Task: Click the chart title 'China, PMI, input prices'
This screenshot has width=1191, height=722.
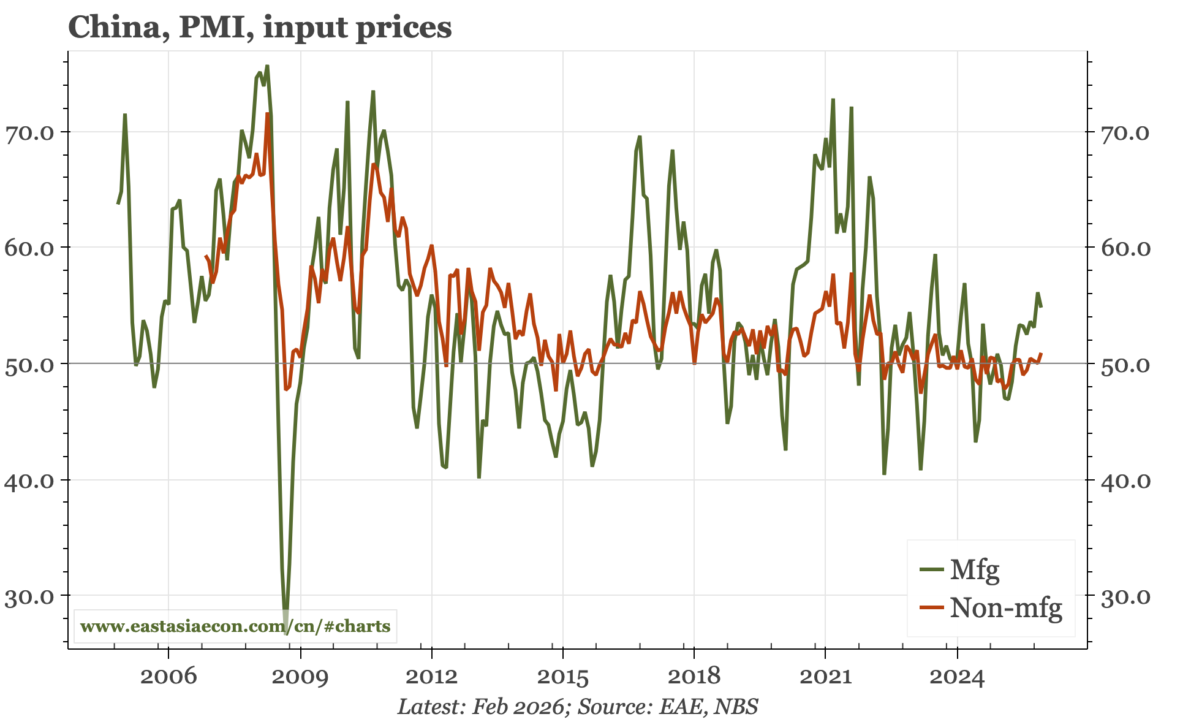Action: point(260,28)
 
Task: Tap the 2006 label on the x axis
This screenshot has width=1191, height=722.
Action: point(168,677)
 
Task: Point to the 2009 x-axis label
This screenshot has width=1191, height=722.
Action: point(300,677)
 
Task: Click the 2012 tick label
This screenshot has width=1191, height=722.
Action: point(431,677)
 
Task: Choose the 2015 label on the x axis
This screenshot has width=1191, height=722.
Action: point(562,677)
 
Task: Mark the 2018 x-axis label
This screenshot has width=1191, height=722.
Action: point(694,677)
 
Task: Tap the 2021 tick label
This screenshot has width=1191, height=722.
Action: point(825,677)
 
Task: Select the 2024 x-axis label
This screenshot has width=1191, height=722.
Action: point(956,677)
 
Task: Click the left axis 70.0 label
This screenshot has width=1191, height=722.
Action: point(30,132)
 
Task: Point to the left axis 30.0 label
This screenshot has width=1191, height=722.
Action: point(30,596)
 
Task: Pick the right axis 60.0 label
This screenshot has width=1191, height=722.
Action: point(1125,248)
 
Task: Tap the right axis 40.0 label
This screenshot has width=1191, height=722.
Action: point(1125,481)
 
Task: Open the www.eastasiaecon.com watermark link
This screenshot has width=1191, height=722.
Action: point(235,626)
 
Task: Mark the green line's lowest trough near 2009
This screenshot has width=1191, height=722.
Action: point(286,631)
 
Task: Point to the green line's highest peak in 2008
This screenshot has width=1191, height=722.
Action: point(267,66)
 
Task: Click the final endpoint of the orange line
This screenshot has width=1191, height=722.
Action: point(1042,353)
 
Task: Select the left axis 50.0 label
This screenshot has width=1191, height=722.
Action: point(30,364)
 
